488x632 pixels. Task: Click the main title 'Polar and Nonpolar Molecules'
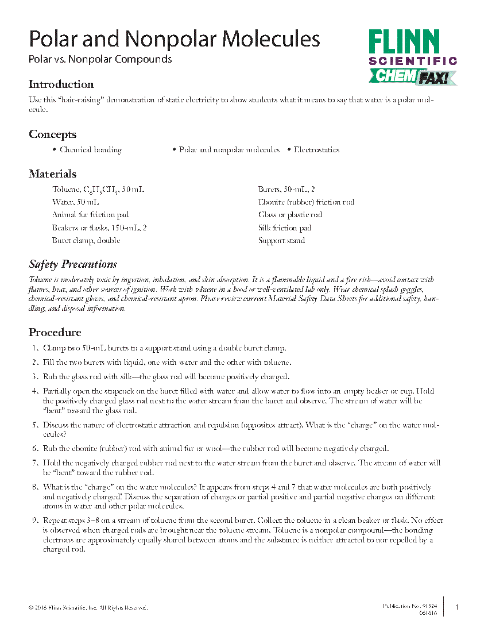pyautogui.click(x=175, y=39)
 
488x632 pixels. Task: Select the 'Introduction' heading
pyautogui.click(x=61, y=84)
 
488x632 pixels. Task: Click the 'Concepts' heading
pyautogui.click(x=52, y=134)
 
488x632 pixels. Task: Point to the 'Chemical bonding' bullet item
pyautogui.click(x=91, y=150)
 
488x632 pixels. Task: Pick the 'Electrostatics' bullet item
pyautogui.click(x=316, y=150)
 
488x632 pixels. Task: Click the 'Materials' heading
pyautogui.click(x=52, y=174)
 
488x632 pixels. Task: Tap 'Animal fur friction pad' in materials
pyautogui.click(x=90, y=215)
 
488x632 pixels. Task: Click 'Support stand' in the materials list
pyautogui.click(x=281, y=241)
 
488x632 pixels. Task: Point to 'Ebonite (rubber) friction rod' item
pyautogui.click(x=306, y=202)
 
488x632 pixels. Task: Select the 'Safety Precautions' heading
pyautogui.click(x=73, y=264)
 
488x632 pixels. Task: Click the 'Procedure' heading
pyautogui.click(x=55, y=333)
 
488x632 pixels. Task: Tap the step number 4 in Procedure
pyautogui.click(x=34, y=391)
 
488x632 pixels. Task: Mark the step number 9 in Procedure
pyautogui.click(x=34, y=521)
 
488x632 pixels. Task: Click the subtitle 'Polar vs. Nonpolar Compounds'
pyautogui.click(x=100, y=59)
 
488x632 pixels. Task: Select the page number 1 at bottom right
pyautogui.click(x=457, y=607)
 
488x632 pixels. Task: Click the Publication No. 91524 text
pyautogui.click(x=410, y=606)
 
